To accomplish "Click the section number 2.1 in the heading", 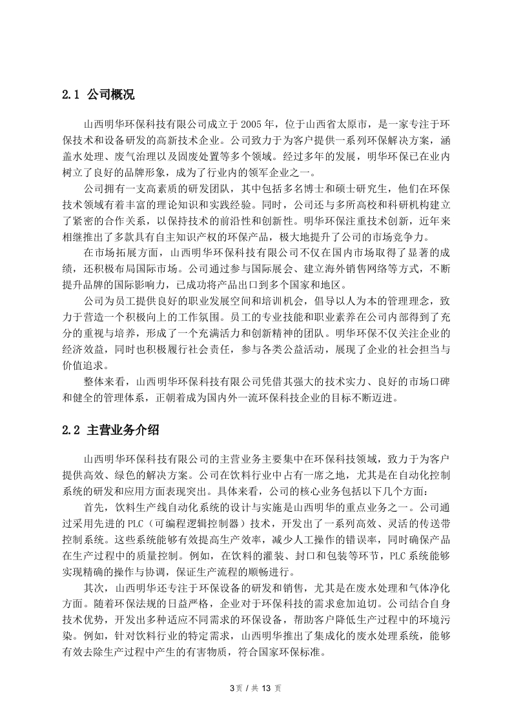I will pos(70,96).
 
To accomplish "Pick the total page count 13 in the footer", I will pos(264,688).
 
